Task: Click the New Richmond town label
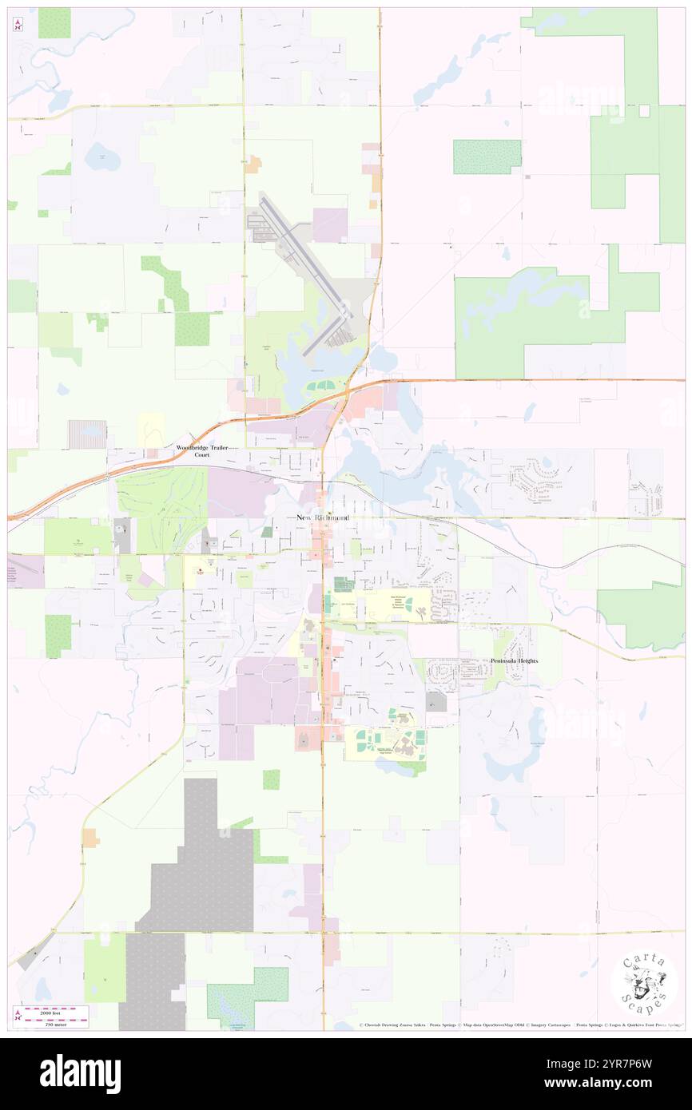coord(322,517)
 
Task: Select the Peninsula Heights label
coord(514,661)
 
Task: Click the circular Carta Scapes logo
coord(644,983)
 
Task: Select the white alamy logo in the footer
coord(80,1074)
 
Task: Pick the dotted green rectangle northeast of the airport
coord(487,157)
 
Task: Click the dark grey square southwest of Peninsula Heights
coord(436,702)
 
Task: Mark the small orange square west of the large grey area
coord(90,838)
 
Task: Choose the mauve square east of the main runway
coord(330,224)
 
